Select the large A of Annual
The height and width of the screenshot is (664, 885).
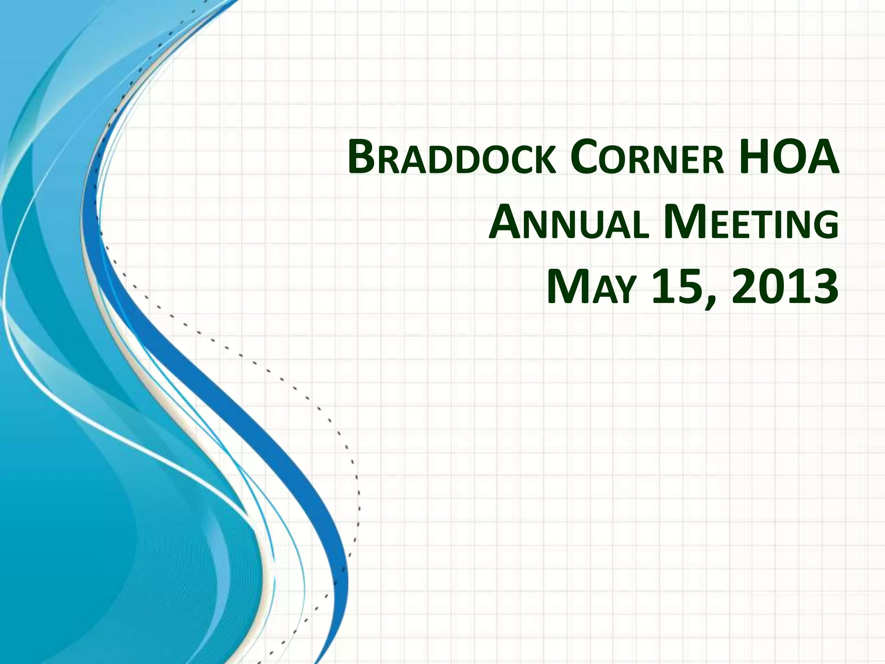506,223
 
